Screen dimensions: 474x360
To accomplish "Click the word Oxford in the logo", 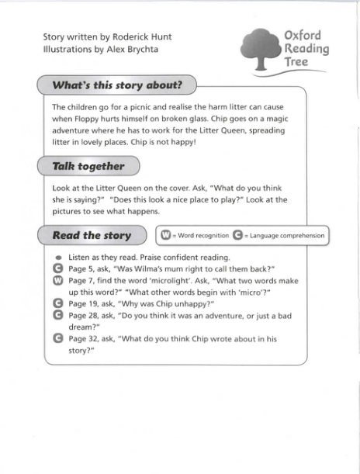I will [x=303, y=36].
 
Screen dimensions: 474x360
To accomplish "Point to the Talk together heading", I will [x=88, y=166].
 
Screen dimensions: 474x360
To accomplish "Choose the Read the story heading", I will [x=92, y=235].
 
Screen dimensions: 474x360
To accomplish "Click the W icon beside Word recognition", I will [x=165, y=235].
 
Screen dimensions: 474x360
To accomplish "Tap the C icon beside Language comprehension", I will [x=237, y=235].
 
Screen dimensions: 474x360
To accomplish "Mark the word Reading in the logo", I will [x=306, y=50].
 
